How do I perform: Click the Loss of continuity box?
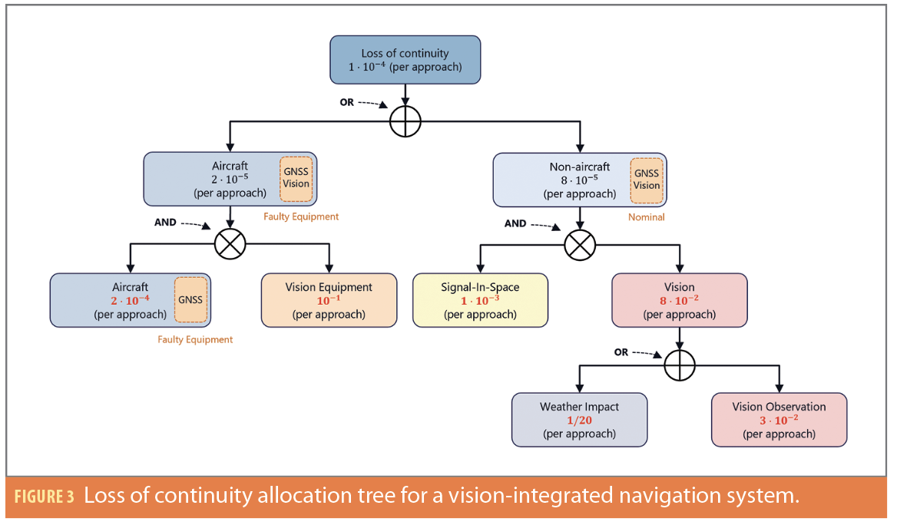click(405, 60)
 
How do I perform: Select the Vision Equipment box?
click(329, 300)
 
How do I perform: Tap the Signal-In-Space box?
click(480, 300)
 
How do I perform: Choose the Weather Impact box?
click(579, 419)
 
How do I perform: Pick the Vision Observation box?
click(779, 419)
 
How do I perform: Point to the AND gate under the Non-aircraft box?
click(580, 245)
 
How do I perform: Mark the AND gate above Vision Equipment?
click(230, 244)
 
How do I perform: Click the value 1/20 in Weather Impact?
click(579, 420)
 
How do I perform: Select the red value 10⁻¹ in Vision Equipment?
click(329, 301)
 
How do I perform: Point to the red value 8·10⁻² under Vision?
click(679, 301)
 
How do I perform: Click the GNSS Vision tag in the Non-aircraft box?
click(646, 180)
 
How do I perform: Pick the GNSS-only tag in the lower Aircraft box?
click(191, 299)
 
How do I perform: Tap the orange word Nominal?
click(646, 217)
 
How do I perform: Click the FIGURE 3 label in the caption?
click(44, 496)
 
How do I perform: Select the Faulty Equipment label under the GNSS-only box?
click(195, 339)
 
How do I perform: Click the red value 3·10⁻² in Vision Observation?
click(779, 420)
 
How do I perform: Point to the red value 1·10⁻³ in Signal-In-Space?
click(480, 301)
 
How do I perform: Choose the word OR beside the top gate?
click(347, 102)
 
